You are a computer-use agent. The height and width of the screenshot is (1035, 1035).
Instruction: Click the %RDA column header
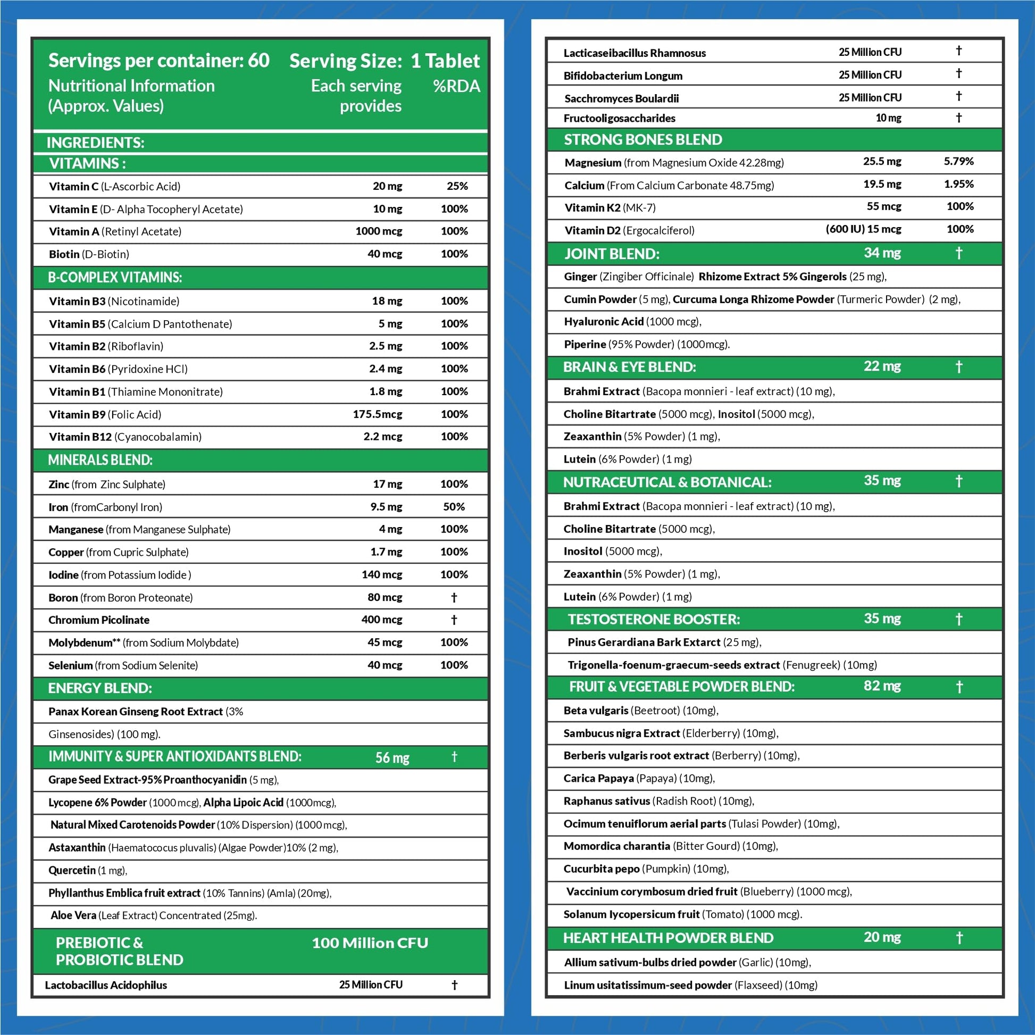456,86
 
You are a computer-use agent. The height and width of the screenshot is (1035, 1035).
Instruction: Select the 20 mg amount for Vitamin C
387,187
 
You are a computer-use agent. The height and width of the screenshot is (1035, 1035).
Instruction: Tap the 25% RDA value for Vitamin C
457,187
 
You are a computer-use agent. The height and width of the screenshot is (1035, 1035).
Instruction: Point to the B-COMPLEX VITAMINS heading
115,278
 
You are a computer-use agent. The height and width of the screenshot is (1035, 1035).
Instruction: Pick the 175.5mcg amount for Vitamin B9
377,415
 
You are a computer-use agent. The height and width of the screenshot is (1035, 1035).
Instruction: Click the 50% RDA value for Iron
454,507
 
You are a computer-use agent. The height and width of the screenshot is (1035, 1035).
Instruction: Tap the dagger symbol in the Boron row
454,597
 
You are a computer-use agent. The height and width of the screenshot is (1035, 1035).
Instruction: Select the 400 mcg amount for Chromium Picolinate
381,620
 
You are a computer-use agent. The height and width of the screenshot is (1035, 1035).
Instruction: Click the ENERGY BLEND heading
100,688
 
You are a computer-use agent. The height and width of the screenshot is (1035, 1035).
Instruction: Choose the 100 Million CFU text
370,944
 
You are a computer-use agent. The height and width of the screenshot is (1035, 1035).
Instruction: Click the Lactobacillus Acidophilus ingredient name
106,985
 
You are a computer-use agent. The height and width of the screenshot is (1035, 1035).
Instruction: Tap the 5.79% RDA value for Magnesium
958,161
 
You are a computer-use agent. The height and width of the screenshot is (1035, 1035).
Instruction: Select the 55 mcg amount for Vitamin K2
884,206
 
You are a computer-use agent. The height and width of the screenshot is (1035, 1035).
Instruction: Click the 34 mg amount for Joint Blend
882,253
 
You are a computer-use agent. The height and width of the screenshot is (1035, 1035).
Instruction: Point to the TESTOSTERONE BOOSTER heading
654,620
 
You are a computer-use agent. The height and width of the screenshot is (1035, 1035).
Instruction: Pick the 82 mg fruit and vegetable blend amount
882,686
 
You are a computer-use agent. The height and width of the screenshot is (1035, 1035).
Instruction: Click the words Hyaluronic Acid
604,322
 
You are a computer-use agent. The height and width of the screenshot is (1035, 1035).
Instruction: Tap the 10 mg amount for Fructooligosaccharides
888,118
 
